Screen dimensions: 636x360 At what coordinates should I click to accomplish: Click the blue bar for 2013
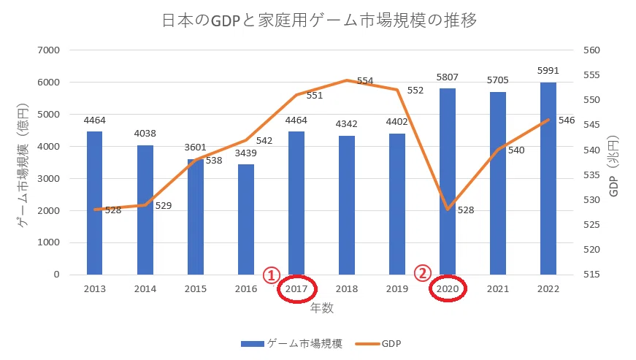(94, 203)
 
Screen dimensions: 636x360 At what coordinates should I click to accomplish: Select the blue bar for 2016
(246, 219)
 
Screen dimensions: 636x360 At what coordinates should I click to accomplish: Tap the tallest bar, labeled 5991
(548, 178)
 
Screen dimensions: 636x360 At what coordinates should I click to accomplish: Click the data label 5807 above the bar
(448, 77)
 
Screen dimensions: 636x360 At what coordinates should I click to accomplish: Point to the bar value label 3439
(246, 153)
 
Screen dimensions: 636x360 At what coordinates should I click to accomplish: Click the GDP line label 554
(365, 80)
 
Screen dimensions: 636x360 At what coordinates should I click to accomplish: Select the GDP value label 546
(566, 120)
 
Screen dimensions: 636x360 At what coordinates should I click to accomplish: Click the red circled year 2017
(296, 288)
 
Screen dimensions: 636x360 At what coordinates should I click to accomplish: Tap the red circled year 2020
(448, 288)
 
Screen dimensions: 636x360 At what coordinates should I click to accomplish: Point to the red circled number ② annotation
(422, 273)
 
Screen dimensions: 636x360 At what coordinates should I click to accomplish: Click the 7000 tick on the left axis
(49, 50)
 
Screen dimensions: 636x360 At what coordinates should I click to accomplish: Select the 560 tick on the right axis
(591, 50)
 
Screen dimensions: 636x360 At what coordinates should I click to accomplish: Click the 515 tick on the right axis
(591, 275)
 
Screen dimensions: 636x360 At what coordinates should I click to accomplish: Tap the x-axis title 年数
(321, 308)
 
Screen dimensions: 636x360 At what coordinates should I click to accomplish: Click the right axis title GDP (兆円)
(613, 166)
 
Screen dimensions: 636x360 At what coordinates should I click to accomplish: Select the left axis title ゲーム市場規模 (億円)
(23, 166)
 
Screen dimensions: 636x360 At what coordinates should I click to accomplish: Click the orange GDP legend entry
(378, 344)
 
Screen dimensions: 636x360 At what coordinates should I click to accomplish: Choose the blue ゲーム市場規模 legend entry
(291, 344)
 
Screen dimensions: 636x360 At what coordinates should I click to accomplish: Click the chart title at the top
(319, 20)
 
